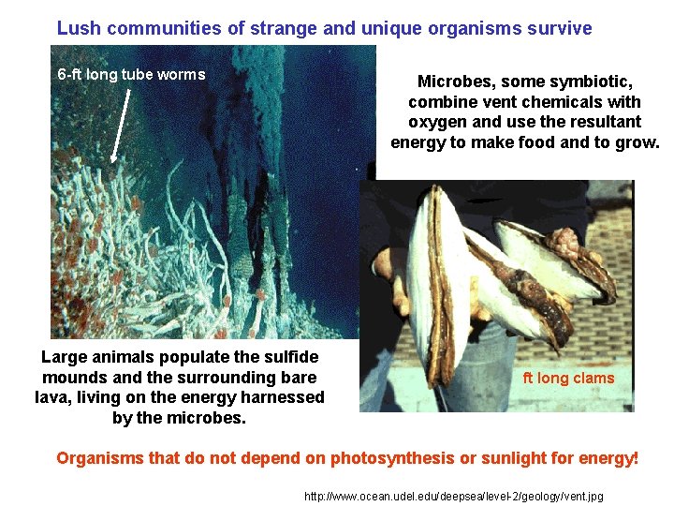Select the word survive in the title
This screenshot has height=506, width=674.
559,28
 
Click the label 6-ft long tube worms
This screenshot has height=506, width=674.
131,75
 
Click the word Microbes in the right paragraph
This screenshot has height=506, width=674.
450,82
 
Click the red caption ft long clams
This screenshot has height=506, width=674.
568,378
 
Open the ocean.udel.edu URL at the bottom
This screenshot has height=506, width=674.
454,496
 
